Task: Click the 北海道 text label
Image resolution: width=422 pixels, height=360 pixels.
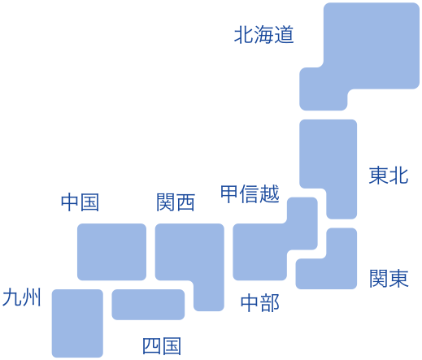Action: (x=264, y=35)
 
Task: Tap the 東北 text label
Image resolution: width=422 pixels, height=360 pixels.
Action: (x=389, y=176)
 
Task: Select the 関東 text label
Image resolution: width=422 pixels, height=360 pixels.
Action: (x=389, y=278)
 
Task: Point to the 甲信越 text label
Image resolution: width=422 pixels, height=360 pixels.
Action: (x=250, y=193)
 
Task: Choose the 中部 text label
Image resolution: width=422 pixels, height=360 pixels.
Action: (x=259, y=303)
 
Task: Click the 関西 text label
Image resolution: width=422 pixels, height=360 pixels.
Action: (x=176, y=202)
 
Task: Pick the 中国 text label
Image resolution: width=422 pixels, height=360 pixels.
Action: (x=80, y=202)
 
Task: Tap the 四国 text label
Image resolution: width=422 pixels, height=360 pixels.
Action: (x=162, y=346)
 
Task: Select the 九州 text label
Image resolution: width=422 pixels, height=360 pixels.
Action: (x=22, y=297)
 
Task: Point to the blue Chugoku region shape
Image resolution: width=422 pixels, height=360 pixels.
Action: (x=111, y=252)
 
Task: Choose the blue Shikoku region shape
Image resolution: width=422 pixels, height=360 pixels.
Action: (x=148, y=305)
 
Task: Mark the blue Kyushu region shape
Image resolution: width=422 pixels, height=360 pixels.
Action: (x=77, y=323)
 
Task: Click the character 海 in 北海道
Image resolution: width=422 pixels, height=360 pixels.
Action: (x=264, y=35)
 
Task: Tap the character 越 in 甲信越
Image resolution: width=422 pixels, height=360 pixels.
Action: (x=270, y=193)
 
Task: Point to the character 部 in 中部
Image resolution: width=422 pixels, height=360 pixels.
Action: (x=270, y=303)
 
